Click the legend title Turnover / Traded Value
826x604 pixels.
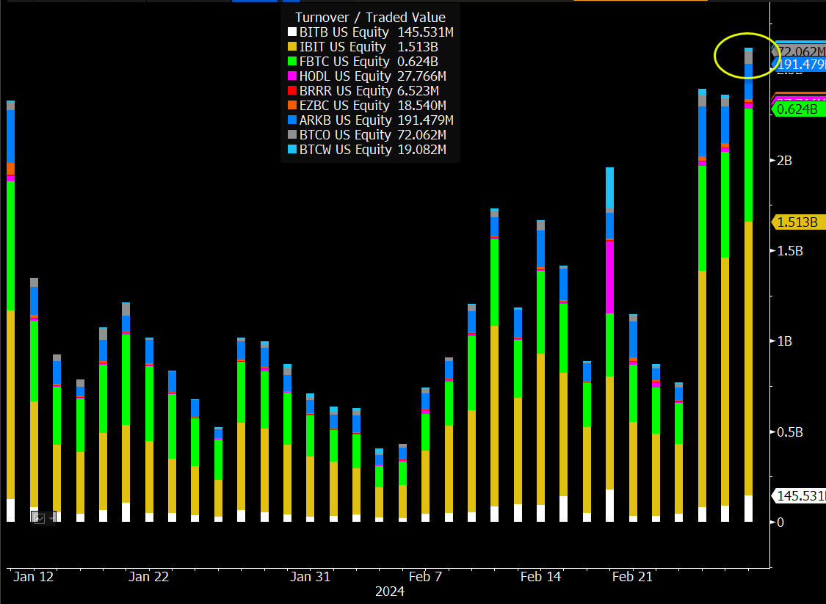pos(370,17)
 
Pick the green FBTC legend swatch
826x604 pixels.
pos(291,62)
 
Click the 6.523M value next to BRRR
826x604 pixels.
pos(421,91)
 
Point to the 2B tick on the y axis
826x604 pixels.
pos(783,160)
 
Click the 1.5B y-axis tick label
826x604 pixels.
pos(789,250)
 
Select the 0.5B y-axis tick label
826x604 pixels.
pos(789,432)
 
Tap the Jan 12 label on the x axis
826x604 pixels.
pos(33,577)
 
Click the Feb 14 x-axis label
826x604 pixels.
pos(540,577)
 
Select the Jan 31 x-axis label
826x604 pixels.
pos(311,577)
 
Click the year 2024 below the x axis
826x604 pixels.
pos(389,592)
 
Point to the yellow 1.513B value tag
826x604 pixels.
pos(797,222)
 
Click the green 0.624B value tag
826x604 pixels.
pos(797,109)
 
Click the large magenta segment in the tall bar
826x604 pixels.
pos(609,277)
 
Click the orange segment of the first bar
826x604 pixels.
pos(10,169)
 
